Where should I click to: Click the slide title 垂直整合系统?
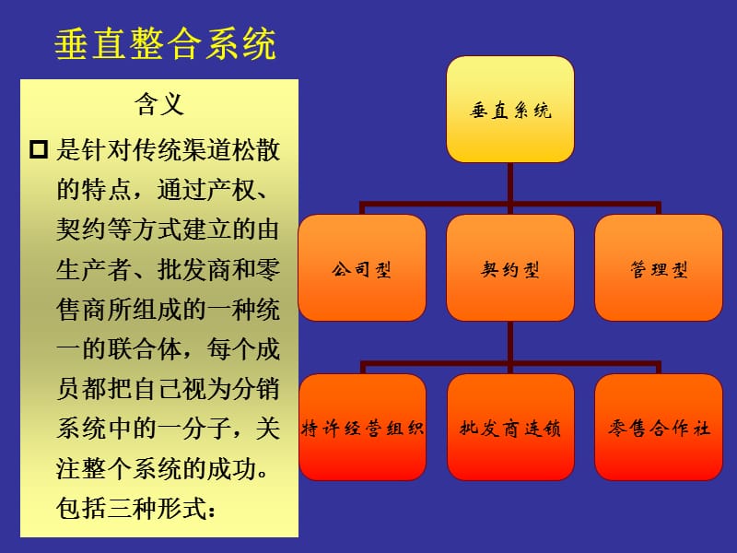point(166,44)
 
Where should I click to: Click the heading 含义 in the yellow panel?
point(160,103)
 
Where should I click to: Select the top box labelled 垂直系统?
point(509,111)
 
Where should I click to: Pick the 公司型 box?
point(362,268)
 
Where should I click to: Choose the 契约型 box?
point(509,268)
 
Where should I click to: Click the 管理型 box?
point(659,268)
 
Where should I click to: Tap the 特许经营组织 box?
point(362,428)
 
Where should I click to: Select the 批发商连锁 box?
point(509,428)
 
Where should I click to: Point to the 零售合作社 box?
point(659,428)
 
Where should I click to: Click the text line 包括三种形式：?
point(135,508)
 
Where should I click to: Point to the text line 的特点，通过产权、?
point(163,190)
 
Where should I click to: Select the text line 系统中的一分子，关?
point(168,429)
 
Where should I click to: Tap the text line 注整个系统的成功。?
point(168,468)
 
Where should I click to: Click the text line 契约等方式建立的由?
point(168,229)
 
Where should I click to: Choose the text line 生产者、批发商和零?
point(168,269)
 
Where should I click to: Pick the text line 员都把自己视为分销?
point(168,389)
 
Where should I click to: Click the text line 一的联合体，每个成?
point(168,349)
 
